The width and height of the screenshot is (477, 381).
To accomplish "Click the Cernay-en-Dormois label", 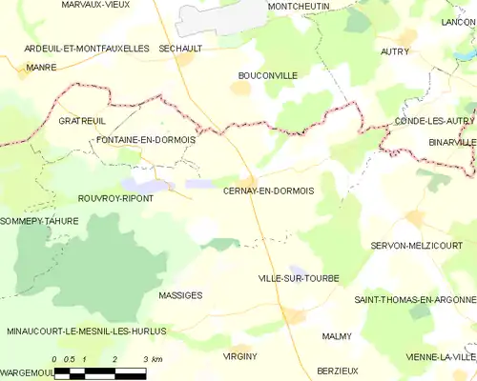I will click(268, 191).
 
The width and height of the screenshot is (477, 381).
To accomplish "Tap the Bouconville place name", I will click(267, 75).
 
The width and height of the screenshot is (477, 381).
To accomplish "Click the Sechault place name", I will click(180, 48).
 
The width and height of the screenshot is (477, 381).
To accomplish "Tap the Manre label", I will click(42, 68).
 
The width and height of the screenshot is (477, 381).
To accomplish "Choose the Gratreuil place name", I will click(80, 122).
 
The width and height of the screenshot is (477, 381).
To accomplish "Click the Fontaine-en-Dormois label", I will click(146, 140).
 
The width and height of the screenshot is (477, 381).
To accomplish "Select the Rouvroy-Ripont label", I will click(115, 198).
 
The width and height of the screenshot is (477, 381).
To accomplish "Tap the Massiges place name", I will click(180, 295).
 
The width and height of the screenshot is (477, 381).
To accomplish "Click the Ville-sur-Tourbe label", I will click(299, 278).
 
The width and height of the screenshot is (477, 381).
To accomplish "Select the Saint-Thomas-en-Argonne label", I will click(415, 300).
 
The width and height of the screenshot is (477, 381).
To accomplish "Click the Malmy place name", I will click(337, 336).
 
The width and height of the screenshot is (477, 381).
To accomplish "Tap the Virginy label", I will click(239, 355).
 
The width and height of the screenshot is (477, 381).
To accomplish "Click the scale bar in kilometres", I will click(100, 371).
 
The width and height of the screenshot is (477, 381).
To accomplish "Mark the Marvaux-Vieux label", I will click(95, 6).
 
